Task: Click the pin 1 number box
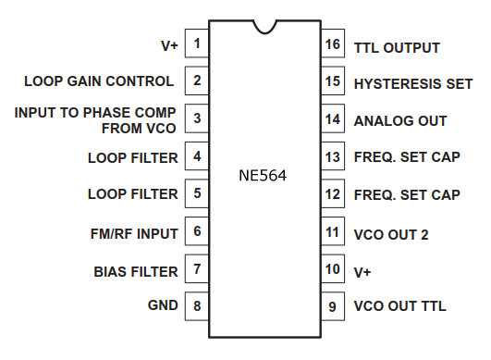point(196,43)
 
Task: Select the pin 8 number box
point(196,304)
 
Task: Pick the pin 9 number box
point(332,304)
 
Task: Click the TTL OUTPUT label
point(397,47)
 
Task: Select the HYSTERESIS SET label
point(412,83)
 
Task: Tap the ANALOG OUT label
point(399,120)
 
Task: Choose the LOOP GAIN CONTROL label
point(99,81)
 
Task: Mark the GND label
point(163,304)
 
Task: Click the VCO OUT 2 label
point(390,235)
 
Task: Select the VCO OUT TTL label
point(399,304)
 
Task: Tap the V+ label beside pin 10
point(363,271)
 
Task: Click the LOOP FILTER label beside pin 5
point(132,194)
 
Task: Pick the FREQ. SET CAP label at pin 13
point(406,157)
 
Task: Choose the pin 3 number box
point(196,118)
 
